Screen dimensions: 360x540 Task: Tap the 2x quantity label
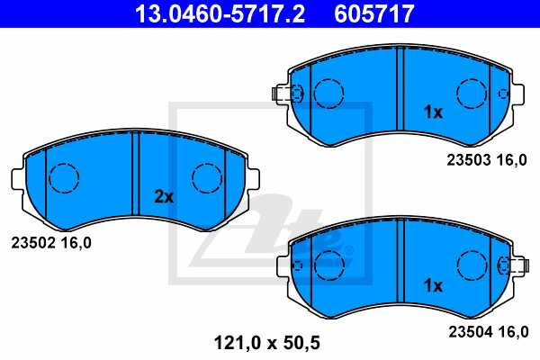point(162,195)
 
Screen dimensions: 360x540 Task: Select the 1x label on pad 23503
point(433,112)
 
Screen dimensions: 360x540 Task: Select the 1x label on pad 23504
point(433,285)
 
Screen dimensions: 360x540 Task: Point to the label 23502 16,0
point(50,242)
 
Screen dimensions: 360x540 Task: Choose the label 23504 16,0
point(487,331)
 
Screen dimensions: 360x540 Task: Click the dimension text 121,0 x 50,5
point(266,342)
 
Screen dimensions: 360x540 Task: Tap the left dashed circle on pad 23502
point(64,178)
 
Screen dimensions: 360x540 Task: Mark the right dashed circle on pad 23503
point(472,94)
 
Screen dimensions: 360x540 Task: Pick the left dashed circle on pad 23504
point(329,265)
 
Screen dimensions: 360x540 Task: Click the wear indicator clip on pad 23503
point(284,94)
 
